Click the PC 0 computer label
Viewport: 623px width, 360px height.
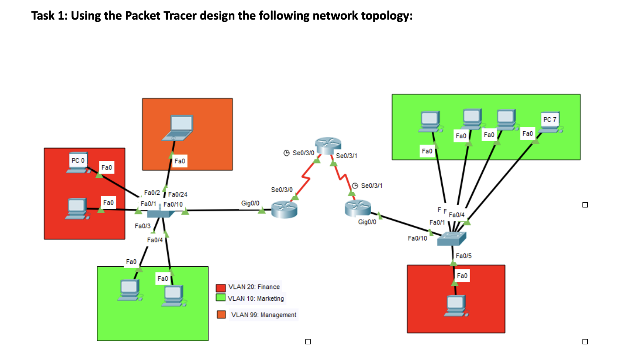pos(76,160)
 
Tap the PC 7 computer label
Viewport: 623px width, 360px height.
pos(550,119)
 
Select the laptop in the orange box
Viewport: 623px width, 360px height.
pos(177,128)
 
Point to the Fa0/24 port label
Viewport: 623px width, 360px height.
pos(177,194)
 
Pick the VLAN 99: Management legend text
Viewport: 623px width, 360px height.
pos(264,315)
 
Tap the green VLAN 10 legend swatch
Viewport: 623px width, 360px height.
pos(221,298)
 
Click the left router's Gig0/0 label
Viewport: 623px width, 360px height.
pos(251,204)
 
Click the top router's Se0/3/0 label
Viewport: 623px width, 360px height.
pos(303,153)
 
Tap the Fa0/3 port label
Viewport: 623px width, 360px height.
pos(142,226)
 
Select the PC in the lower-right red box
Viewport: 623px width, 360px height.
pos(455,305)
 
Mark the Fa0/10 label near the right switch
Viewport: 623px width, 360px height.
pos(417,238)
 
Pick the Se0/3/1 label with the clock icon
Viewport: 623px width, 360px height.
pos(372,186)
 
